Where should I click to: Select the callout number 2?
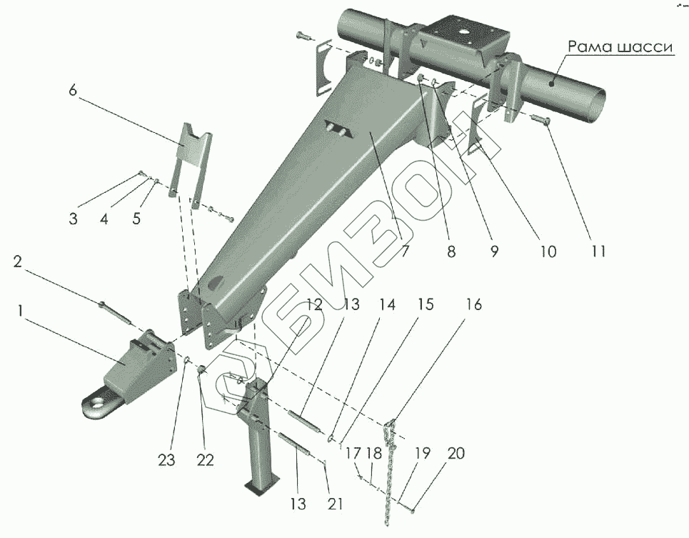tap(19, 262)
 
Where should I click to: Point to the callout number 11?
tap(598, 251)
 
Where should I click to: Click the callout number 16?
tap(473, 305)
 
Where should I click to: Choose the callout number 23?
tap(166, 461)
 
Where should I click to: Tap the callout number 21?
tap(335, 503)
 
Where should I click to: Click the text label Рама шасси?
tap(620, 47)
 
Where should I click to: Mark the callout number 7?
tap(403, 251)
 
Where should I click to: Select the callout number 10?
tap(547, 251)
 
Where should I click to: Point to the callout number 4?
tap(104, 219)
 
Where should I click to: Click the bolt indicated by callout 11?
tap(540, 122)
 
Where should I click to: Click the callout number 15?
tap(425, 305)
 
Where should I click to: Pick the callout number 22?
tap(205, 461)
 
